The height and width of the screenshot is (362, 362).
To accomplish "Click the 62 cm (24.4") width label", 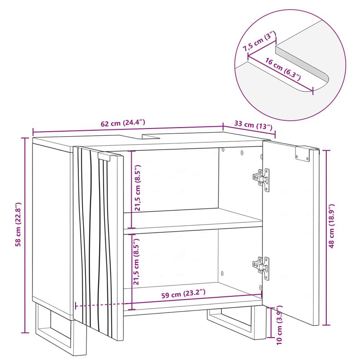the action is (x=123, y=123).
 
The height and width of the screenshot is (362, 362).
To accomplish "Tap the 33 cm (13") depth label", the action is (x=253, y=125).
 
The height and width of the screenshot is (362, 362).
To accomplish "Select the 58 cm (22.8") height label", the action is (x=18, y=224).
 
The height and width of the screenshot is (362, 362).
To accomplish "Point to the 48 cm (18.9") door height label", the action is (x=331, y=226).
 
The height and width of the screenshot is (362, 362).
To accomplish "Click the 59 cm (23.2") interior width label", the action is (x=183, y=294).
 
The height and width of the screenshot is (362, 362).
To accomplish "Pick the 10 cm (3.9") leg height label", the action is (x=279, y=325).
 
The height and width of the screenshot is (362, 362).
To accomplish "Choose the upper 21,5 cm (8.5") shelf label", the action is (x=138, y=188).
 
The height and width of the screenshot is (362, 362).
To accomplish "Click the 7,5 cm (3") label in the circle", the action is (x=259, y=42).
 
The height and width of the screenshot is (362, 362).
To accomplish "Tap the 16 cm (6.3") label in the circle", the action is (x=283, y=69).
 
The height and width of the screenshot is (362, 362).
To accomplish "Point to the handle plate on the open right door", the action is (x=302, y=153).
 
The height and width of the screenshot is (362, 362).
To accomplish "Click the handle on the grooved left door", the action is (x=107, y=156).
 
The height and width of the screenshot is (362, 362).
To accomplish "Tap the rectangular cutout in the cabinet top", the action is (x=151, y=136).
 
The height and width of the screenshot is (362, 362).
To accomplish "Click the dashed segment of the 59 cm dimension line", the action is (x=104, y=305).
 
